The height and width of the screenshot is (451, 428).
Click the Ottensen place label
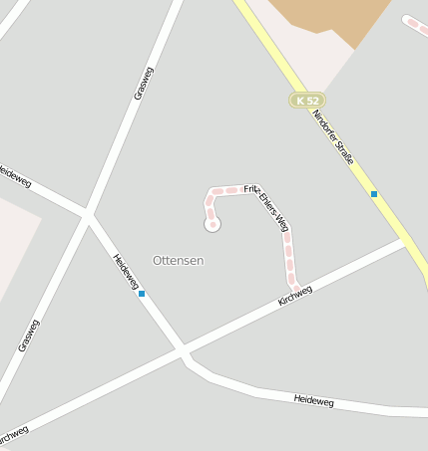pos(179,260)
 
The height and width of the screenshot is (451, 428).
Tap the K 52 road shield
pos(307,100)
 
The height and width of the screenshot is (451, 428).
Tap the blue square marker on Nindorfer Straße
pos(374,194)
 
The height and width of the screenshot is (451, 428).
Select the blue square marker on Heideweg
pos(142,294)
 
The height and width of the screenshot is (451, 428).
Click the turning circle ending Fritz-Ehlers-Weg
pos(212,225)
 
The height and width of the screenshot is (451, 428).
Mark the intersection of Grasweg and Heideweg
pos(88,212)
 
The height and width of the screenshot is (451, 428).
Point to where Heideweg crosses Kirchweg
pos(182,349)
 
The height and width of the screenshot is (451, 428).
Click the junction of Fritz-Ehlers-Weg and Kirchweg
pos(296,290)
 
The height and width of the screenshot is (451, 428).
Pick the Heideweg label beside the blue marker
pos(126,271)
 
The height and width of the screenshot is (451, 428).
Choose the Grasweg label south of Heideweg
pos(28,336)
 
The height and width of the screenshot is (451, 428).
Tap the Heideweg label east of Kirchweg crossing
pos(313,400)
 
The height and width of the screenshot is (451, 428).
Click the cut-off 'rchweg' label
pos(12,436)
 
